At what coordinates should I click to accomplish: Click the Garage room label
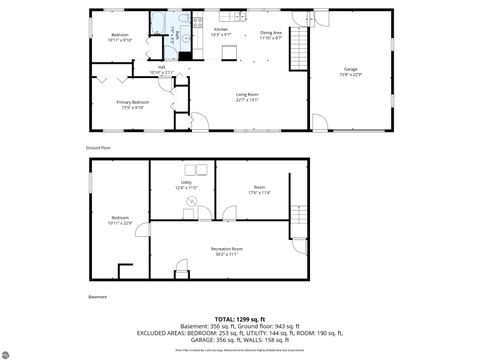pos(350,71)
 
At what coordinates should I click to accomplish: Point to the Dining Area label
pos(271,35)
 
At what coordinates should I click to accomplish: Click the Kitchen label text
pos(222,31)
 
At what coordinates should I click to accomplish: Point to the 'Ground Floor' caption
pos(97,146)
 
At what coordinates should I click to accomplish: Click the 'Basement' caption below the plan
pos(97,297)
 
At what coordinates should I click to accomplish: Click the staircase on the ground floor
pos(296,56)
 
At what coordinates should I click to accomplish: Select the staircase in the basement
pos(296,215)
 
